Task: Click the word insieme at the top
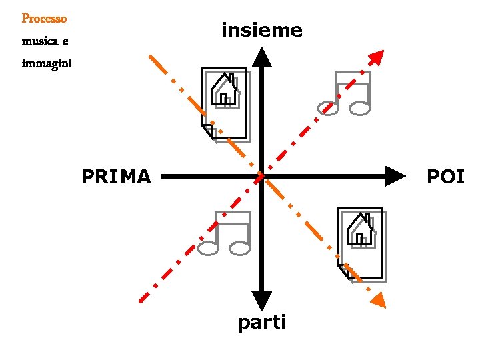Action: coord(261,30)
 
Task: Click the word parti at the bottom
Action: coord(262,323)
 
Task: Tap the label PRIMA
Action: coord(117,177)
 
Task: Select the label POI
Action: coord(445,177)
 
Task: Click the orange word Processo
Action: coord(44,19)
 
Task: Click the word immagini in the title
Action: coord(47,65)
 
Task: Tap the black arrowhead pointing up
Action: coord(262,57)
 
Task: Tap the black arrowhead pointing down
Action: coord(262,301)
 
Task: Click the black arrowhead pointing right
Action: coord(396,176)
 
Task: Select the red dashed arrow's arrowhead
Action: coord(377,58)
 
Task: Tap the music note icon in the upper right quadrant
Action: coord(345,94)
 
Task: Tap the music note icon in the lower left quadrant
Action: coord(225,233)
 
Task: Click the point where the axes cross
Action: coord(261,176)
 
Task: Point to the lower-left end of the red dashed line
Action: coord(141,299)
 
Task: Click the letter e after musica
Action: coord(65,42)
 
